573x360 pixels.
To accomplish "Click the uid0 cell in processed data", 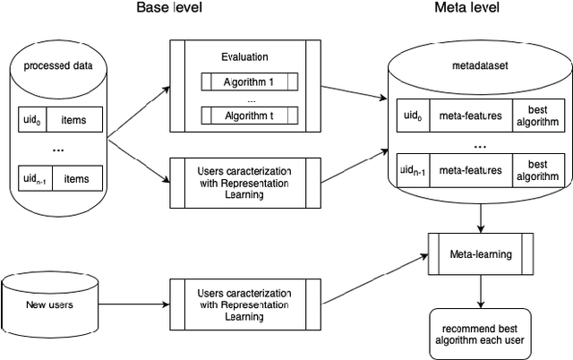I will point(31,119).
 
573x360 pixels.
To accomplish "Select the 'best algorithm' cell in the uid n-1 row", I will point(538,169).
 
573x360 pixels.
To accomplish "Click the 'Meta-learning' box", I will point(481,254).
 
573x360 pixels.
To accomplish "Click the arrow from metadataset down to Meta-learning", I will point(482,216).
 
